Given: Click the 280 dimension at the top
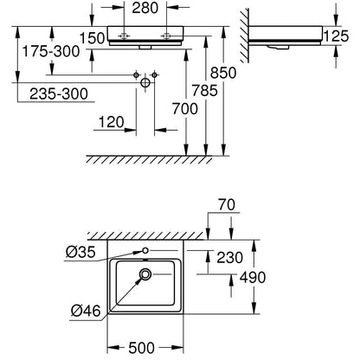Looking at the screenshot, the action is [145, 8].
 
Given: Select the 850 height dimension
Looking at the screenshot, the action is [223, 73].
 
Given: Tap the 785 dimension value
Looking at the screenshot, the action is [205, 91].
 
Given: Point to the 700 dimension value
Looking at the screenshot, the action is [185, 109].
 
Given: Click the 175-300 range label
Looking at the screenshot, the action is [51, 51].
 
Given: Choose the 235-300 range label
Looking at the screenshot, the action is [59, 93].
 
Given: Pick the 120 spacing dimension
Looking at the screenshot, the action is [112, 122].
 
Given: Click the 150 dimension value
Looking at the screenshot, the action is [92, 38].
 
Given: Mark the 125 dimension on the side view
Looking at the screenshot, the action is [336, 36].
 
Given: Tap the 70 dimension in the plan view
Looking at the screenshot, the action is [227, 205].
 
